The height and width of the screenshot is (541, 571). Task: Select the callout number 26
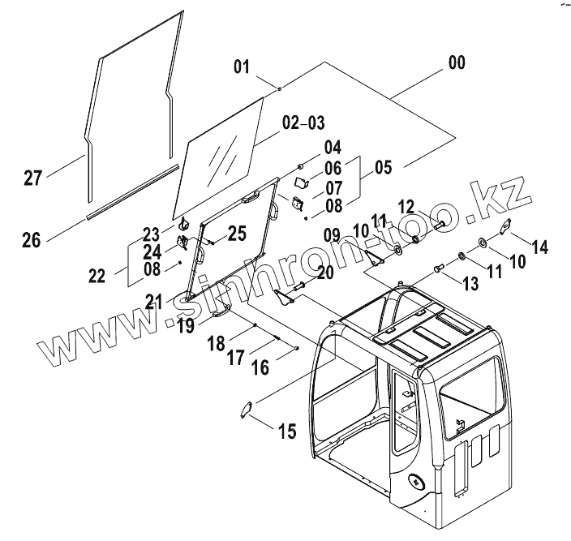(31, 239)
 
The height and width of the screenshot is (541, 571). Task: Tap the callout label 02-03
(303, 123)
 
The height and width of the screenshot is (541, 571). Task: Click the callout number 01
(242, 67)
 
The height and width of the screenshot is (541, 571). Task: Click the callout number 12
(406, 207)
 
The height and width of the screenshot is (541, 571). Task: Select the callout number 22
(97, 276)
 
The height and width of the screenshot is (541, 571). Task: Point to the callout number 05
(382, 170)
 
